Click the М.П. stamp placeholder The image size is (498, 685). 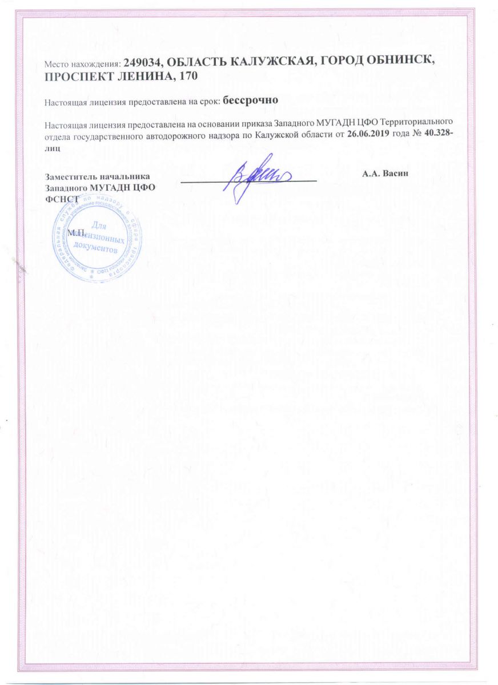75,232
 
